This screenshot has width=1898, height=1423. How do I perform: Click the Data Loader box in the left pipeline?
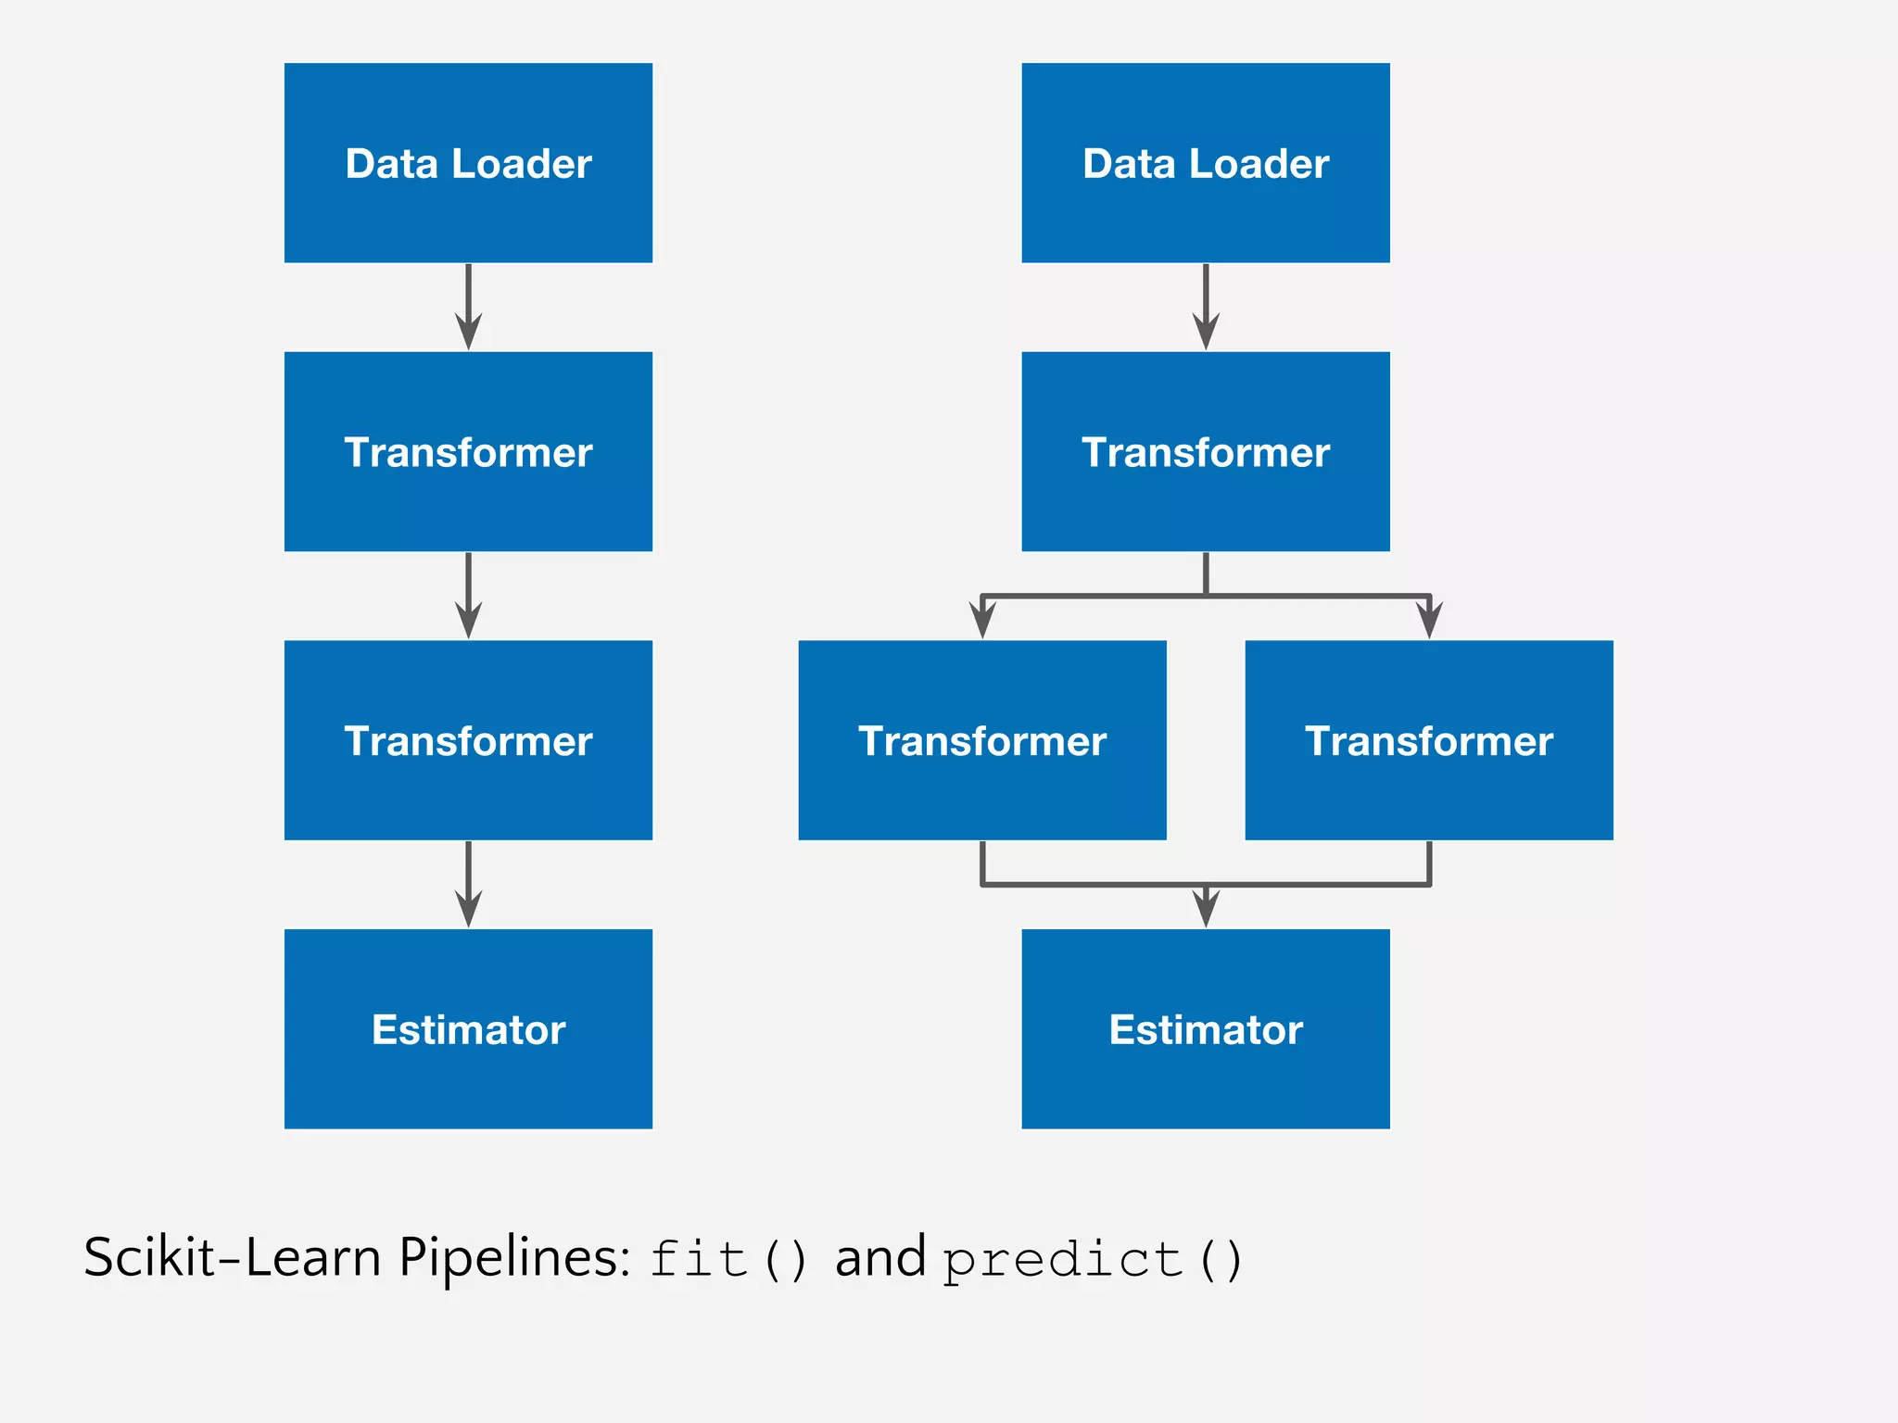(x=468, y=163)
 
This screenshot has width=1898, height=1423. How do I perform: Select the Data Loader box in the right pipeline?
(x=1205, y=163)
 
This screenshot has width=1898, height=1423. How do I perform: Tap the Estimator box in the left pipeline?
(x=468, y=1028)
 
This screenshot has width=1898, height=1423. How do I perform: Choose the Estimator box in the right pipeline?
(x=1205, y=1028)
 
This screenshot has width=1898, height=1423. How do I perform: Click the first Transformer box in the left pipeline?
(x=468, y=451)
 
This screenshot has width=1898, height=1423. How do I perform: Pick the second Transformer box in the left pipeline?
(x=468, y=740)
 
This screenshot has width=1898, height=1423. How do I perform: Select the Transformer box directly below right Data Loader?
(x=1205, y=451)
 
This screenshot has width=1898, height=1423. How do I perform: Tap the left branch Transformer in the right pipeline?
(x=981, y=740)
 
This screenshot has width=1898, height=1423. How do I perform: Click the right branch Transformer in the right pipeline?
(x=1428, y=740)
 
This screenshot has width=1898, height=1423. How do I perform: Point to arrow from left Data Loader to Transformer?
(x=468, y=308)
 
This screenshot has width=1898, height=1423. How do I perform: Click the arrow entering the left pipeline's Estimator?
(x=468, y=885)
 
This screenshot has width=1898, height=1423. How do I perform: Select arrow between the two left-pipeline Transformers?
(x=468, y=596)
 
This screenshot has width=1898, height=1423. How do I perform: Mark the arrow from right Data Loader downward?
(x=1205, y=308)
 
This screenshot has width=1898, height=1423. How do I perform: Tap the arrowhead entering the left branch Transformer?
(x=981, y=619)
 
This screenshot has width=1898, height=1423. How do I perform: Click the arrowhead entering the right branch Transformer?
(x=1429, y=619)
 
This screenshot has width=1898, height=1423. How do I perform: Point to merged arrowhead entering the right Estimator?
(x=1205, y=908)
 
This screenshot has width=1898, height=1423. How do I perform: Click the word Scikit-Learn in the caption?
(x=232, y=1258)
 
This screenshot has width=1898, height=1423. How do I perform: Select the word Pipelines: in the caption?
(x=515, y=1258)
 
